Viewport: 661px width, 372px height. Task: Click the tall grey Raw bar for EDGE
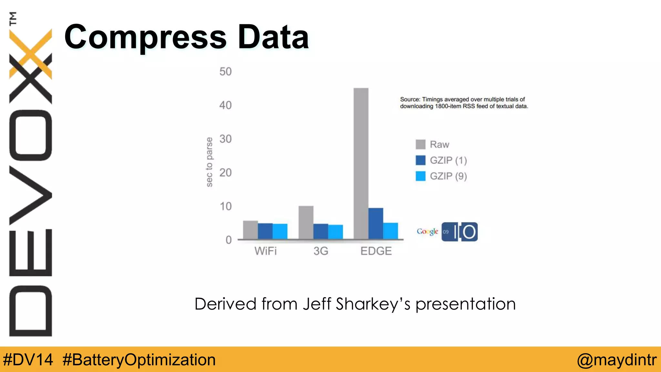click(361, 163)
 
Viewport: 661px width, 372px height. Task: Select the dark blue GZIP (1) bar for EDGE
click(376, 223)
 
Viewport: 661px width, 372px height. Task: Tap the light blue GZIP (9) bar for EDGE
click(391, 231)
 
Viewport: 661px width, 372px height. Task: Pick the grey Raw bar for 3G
click(306, 222)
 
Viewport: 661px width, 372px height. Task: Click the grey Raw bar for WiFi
click(250, 230)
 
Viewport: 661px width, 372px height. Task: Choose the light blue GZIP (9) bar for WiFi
click(280, 231)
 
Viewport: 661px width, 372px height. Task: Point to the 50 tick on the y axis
click(225, 71)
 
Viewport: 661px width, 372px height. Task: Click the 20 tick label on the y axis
click(225, 172)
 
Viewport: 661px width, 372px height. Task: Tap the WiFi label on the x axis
click(265, 251)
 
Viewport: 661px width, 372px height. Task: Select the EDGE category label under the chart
click(376, 251)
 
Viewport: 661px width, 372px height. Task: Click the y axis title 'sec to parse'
click(209, 162)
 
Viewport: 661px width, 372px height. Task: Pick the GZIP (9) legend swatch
click(421, 176)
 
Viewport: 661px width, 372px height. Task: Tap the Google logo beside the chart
click(427, 231)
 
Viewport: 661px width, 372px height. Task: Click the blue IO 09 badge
click(460, 232)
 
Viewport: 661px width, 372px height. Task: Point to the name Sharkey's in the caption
click(373, 304)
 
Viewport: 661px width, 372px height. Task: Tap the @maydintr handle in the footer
click(616, 360)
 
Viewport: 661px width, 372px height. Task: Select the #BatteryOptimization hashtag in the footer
click(139, 360)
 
